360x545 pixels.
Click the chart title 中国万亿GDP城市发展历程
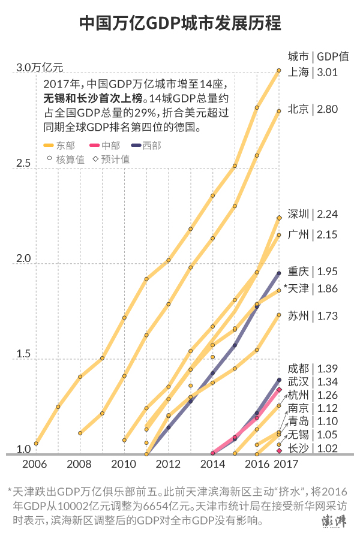(x=180, y=23)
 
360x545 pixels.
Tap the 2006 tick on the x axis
(x=35, y=464)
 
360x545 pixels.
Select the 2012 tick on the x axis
(x=169, y=464)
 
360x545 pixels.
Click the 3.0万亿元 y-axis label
(x=40, y=67)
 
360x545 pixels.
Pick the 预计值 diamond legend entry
(x=111, y=159)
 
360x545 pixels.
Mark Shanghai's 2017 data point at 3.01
(x=279, y=71)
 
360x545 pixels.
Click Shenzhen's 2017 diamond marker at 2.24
(x=279, y=218)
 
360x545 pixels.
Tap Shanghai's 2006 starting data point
(x=36, y=444)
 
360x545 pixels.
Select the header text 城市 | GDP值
(x=318, y=58)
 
